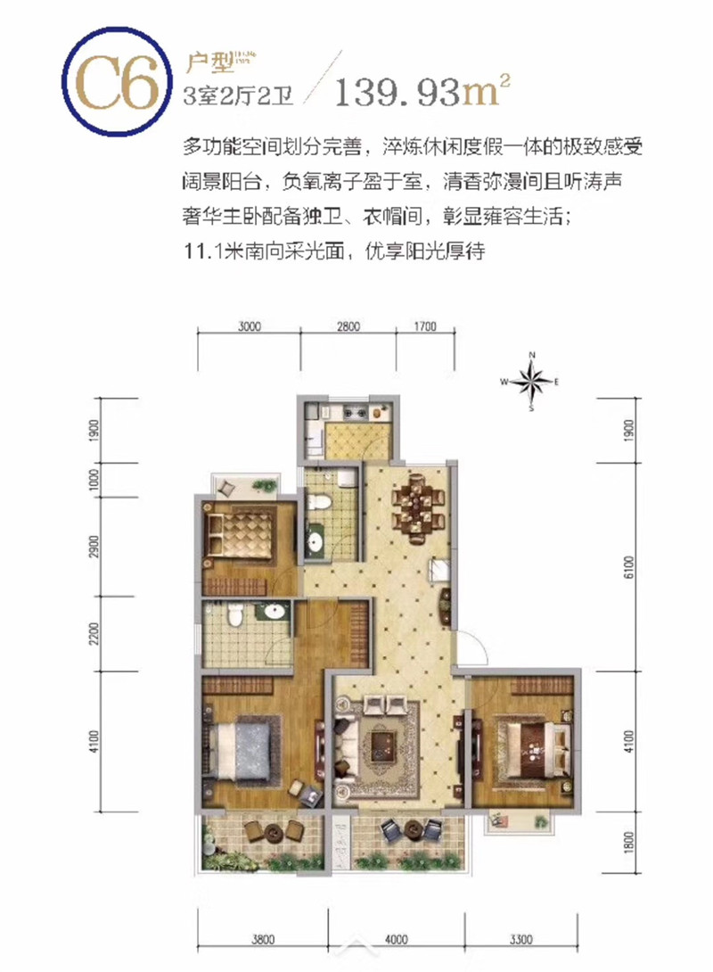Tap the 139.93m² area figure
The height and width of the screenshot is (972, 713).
[423, 90]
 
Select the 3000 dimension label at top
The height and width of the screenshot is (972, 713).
[250, 326]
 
